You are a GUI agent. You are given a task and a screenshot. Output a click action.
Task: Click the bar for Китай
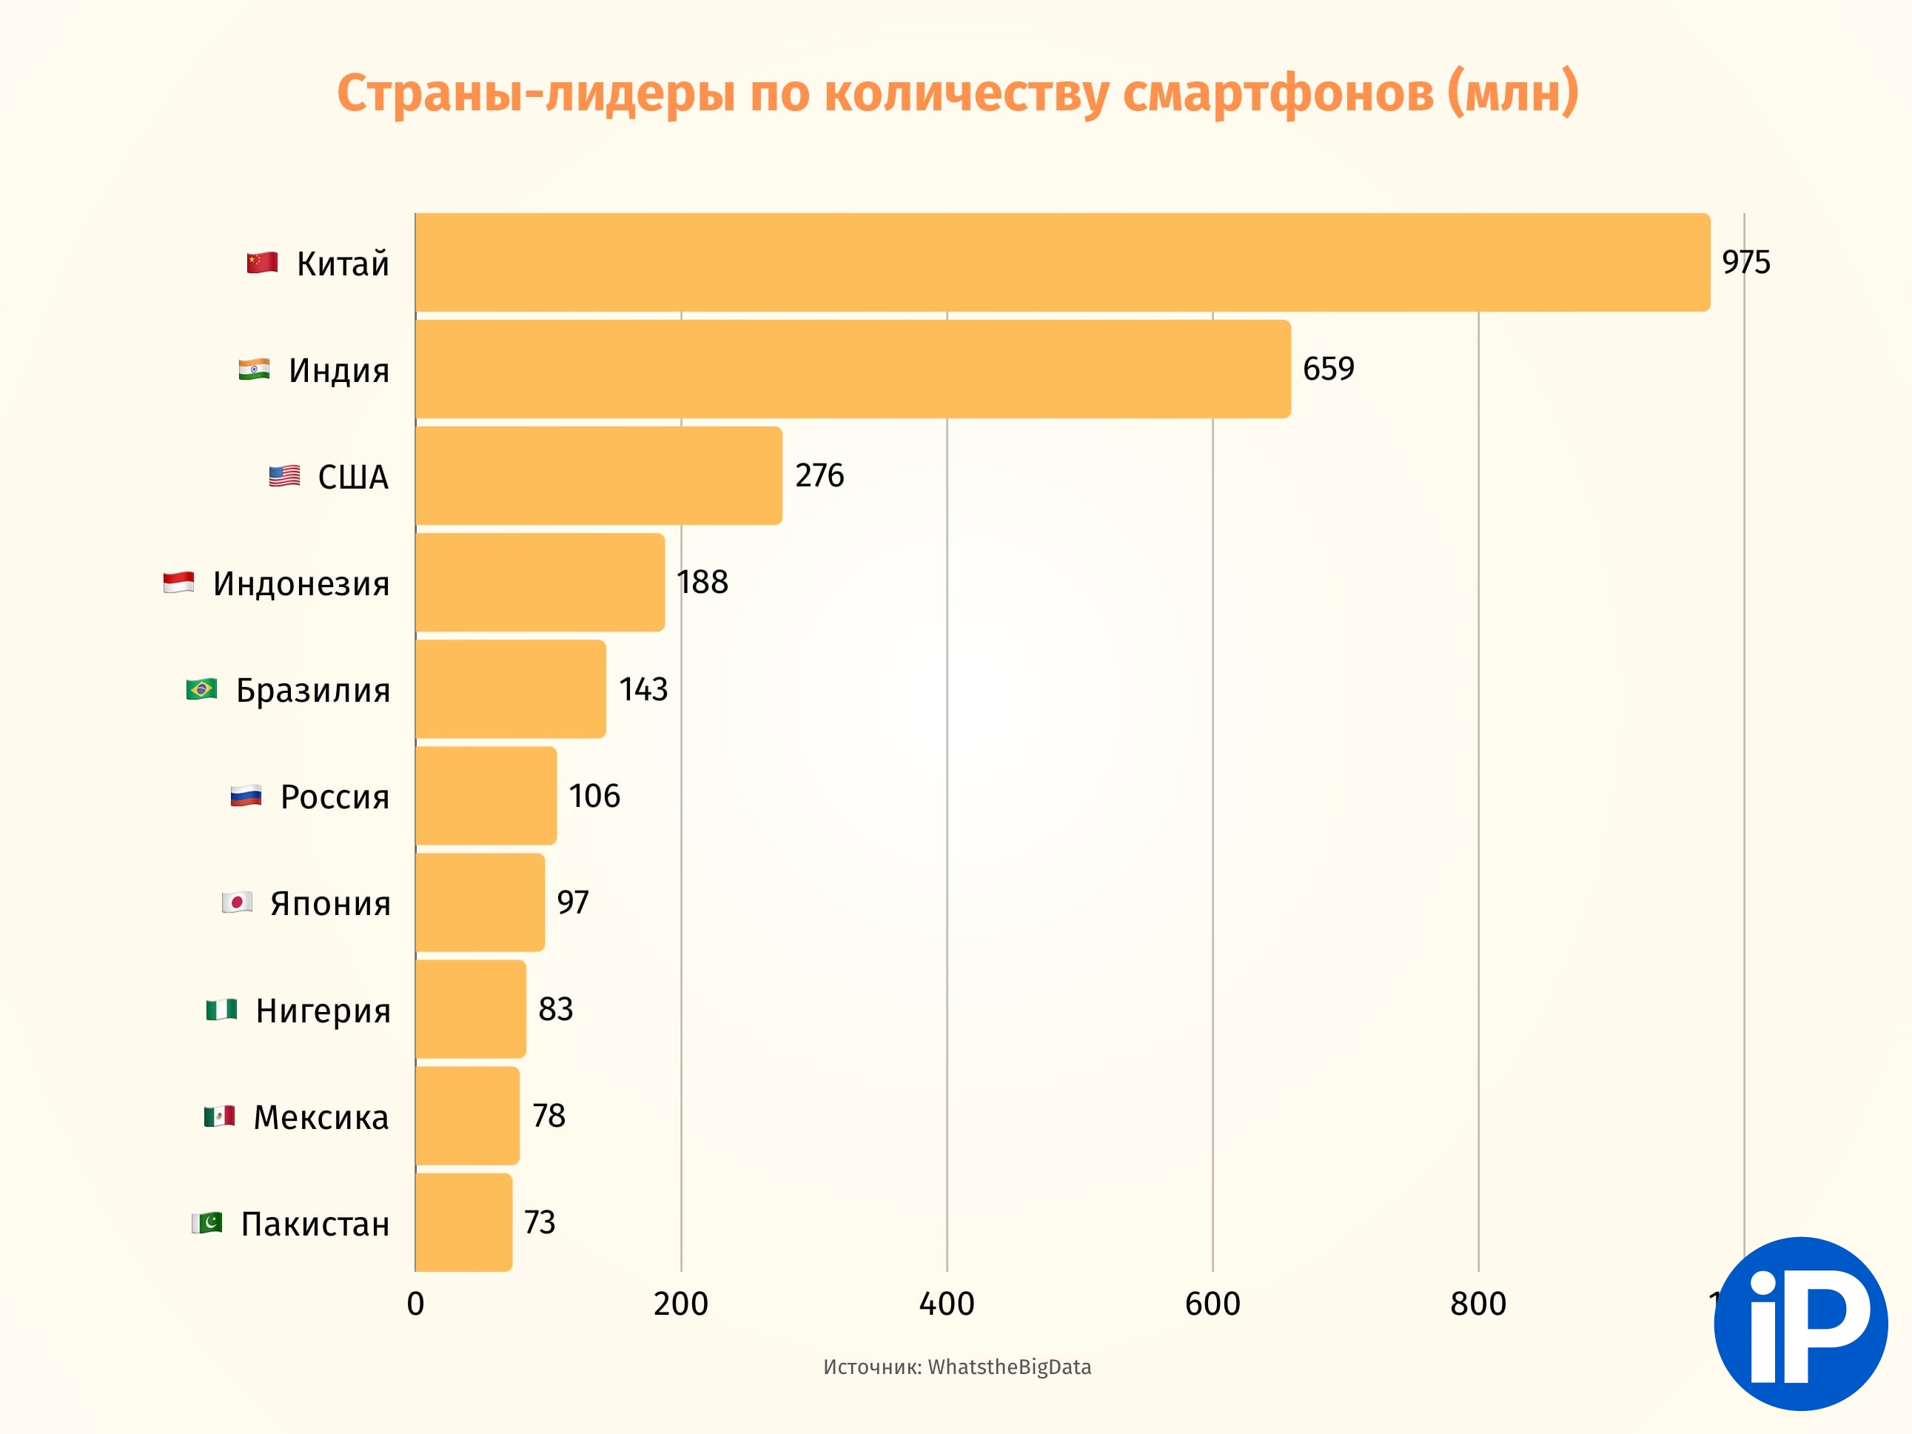click(1061, 262)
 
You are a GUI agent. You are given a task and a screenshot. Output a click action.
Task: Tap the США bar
click(598, 475)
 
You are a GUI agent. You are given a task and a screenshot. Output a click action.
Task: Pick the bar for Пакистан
click(463, 1222)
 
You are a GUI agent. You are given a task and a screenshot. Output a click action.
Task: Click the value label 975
click(1745, 262)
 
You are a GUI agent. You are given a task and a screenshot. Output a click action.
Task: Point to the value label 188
click(702, 582)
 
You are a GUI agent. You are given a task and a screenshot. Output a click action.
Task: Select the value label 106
click(594, 795)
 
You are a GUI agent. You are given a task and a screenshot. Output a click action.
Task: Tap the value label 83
click(555, 1009)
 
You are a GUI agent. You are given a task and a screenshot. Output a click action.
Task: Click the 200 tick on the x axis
click(680, 1304)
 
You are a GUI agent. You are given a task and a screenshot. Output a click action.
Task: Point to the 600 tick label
click(1212, 1304)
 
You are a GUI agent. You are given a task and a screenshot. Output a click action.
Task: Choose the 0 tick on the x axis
click(415, 1304)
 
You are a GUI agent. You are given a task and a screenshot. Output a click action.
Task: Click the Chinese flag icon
click(262, 262)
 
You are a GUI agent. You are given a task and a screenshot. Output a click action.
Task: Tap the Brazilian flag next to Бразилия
click(201, 689)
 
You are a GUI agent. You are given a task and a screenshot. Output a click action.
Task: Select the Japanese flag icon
click(236, 902)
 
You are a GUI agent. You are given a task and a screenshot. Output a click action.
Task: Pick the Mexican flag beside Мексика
click(220, 1116)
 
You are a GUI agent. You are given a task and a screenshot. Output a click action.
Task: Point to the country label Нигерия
click(323, 1011)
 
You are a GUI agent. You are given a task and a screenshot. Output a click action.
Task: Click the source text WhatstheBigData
click(1009, 1367)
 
